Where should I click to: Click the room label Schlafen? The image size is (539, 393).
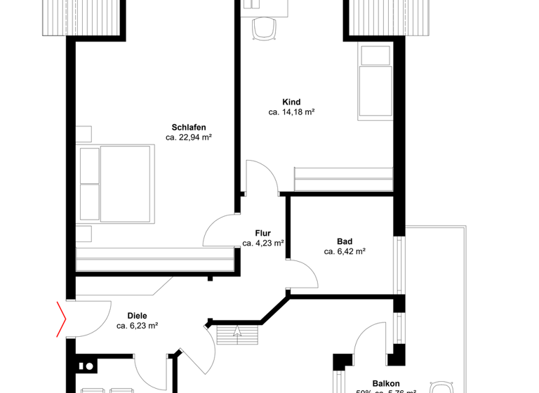coord(188,127)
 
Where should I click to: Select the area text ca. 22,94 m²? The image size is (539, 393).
coord(188,138)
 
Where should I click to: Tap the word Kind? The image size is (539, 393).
coord(291,102)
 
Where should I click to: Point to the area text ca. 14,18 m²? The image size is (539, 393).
coord(291,112)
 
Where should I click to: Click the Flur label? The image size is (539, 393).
coord(262,234)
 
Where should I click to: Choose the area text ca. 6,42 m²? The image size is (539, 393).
coord(345,251)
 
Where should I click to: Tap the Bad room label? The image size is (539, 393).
coord(345,241)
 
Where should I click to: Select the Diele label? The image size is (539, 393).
coord(137,316)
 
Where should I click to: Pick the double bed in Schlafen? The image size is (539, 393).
coord(116,184)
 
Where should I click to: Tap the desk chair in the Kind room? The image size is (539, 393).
coord(263,28)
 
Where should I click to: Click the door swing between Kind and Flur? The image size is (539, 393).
coord(262,175)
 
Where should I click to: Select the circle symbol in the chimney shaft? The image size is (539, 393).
coord(88,366)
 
